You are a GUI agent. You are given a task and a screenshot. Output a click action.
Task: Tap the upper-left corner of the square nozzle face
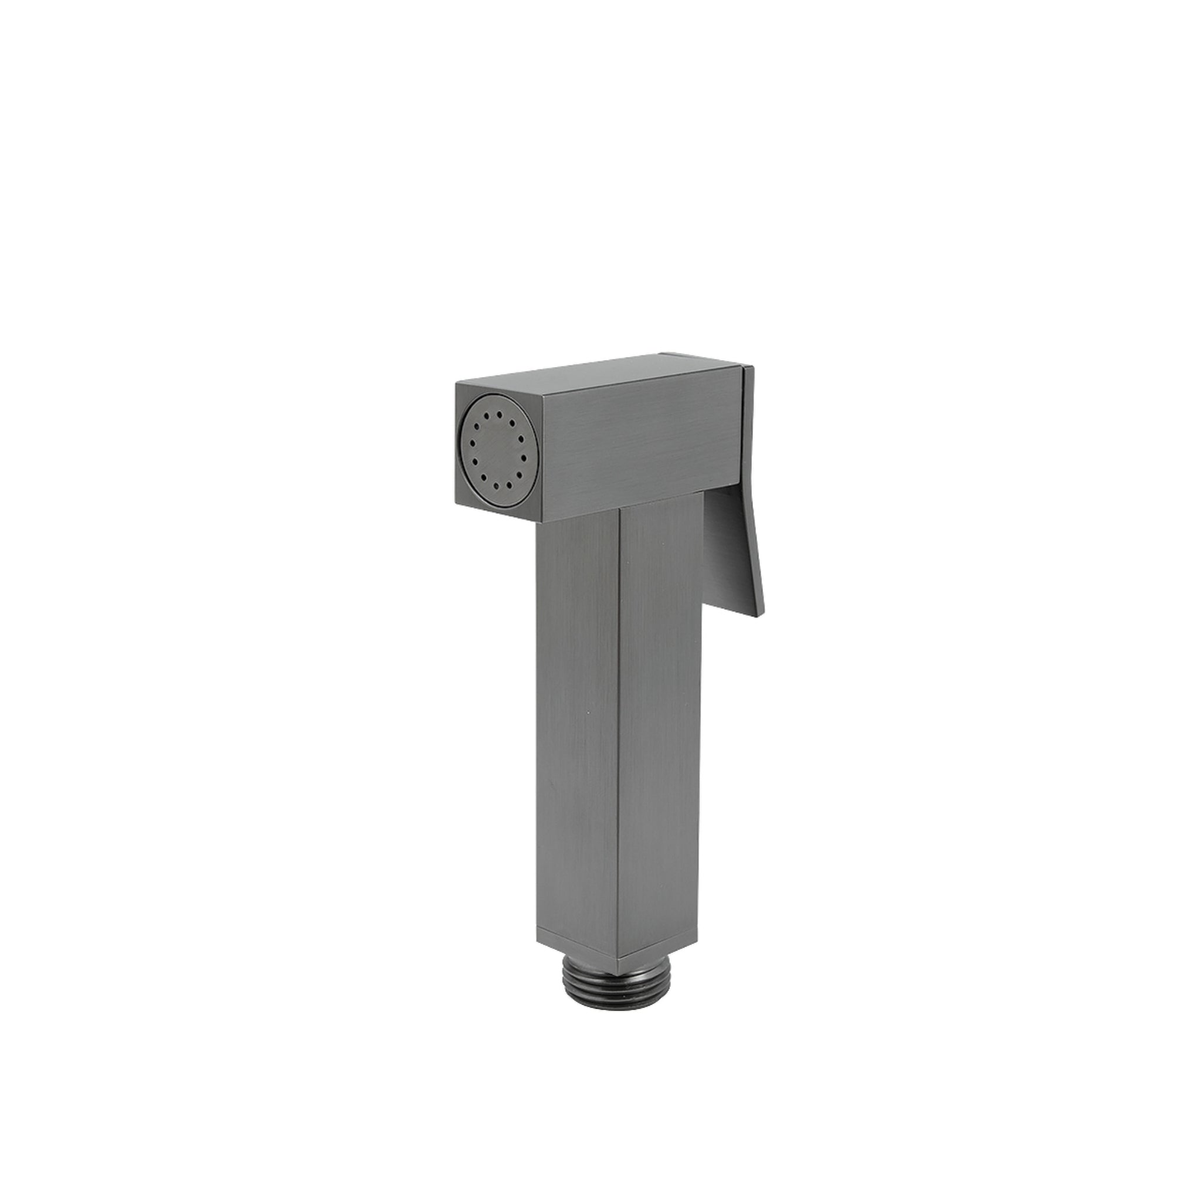[457, 385]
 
